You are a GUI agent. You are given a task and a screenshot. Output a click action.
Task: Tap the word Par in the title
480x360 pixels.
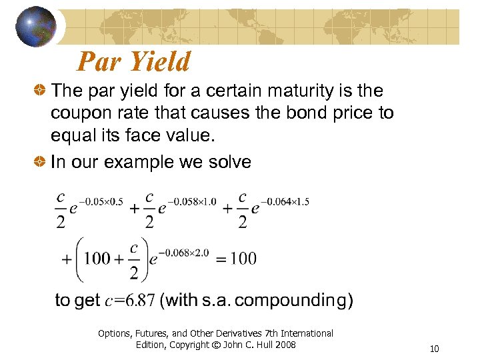point(99,62)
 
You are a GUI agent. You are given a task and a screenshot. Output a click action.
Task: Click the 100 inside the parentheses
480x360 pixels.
point(98,258)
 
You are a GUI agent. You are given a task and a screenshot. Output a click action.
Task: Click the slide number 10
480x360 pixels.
point(435,349)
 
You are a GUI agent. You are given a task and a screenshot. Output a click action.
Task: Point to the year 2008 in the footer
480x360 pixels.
point(283,345)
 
